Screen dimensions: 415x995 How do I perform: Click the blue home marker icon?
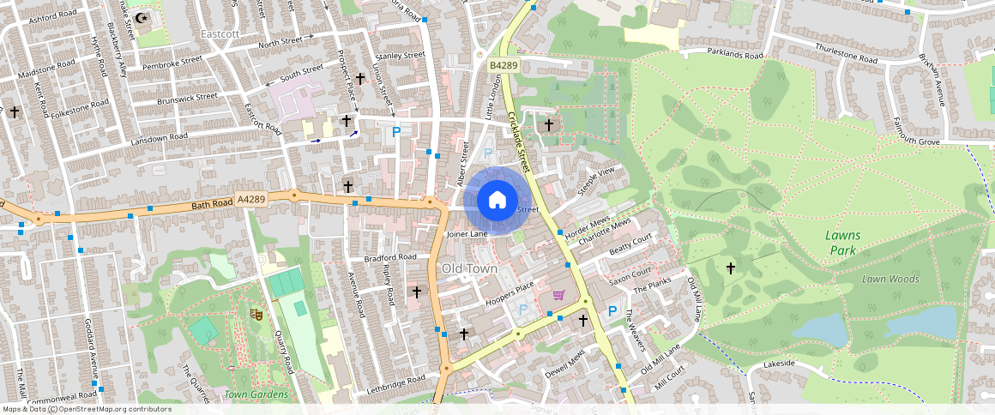point(497,201)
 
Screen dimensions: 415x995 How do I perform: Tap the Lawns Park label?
point(842,243)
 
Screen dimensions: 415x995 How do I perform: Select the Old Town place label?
point(469,268)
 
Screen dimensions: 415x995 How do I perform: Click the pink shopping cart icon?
point(558,296)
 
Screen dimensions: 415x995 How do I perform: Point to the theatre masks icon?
point(255,315)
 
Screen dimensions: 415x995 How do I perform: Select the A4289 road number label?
point(251,199)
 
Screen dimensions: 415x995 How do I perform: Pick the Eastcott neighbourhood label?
point(218,33)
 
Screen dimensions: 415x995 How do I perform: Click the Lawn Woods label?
point(890,279)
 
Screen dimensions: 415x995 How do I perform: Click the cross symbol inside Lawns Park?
point(731,268)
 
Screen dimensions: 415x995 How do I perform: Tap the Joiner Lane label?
point(467,233)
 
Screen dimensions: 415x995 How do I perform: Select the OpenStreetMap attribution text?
point(86,409)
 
